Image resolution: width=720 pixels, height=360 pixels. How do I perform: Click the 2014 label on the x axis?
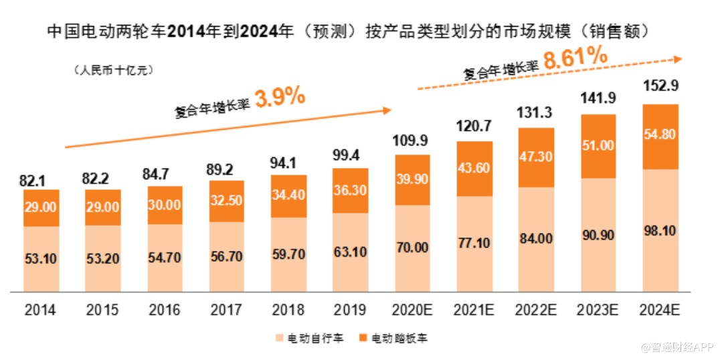click(x=40, y=310)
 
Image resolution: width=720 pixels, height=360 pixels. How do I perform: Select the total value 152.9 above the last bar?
click(x=660, y=88)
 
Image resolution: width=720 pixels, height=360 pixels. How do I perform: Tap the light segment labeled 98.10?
click(x=660, y=231)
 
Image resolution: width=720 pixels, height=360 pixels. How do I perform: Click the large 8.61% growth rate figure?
click(x=575, y=58)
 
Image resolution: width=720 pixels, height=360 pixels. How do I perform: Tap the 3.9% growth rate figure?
click(x=280, y=98)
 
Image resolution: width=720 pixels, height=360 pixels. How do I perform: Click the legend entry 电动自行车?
click(x=308, y=339)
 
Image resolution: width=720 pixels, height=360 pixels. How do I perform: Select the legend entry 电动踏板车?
click(x=392, y=339)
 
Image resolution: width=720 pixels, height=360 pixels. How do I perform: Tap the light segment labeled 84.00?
click(x=536, y=239)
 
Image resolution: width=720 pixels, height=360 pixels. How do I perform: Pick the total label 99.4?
click(x=350, y=157)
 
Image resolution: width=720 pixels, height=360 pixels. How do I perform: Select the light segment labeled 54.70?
click(x=165, y=258)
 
